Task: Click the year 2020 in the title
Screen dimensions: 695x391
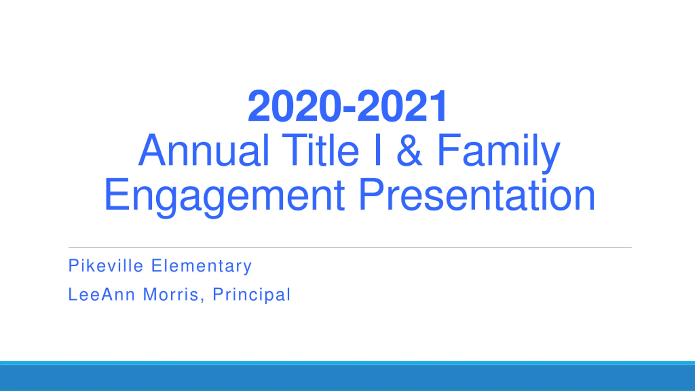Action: [294, 106]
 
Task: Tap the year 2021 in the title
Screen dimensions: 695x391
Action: [401, 106]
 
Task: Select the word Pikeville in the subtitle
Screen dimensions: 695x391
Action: [106, 266]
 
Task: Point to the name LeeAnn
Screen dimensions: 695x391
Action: [101, 294]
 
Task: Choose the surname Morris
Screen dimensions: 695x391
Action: [170, 294]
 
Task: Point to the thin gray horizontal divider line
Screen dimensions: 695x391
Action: [350, 248]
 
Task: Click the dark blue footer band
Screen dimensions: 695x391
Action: [347, 378]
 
